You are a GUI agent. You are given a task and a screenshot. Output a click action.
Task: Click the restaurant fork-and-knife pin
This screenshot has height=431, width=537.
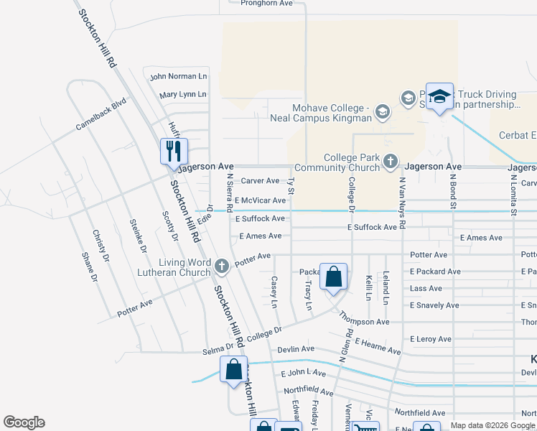[x=174, y=151]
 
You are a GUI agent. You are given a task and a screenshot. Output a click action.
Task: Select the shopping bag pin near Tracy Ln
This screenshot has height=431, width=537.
[x=334, y=277]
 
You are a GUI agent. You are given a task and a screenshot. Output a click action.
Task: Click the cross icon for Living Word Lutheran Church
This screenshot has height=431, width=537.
[x=222, y=267]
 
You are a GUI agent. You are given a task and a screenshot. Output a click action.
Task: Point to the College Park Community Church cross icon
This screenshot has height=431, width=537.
[x=390, y=162]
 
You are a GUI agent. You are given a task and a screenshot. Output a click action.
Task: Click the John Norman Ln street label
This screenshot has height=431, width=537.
[x=178, y=76]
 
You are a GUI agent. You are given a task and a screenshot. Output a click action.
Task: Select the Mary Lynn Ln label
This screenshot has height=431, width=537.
[x=182, y=94]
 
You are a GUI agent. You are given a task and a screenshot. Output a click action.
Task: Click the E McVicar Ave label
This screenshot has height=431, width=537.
[x=260, y=200]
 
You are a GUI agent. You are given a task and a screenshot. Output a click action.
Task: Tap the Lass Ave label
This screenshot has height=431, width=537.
[x=426, y=288]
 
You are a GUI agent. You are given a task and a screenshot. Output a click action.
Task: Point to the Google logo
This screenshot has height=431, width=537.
[x=24, y=422]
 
